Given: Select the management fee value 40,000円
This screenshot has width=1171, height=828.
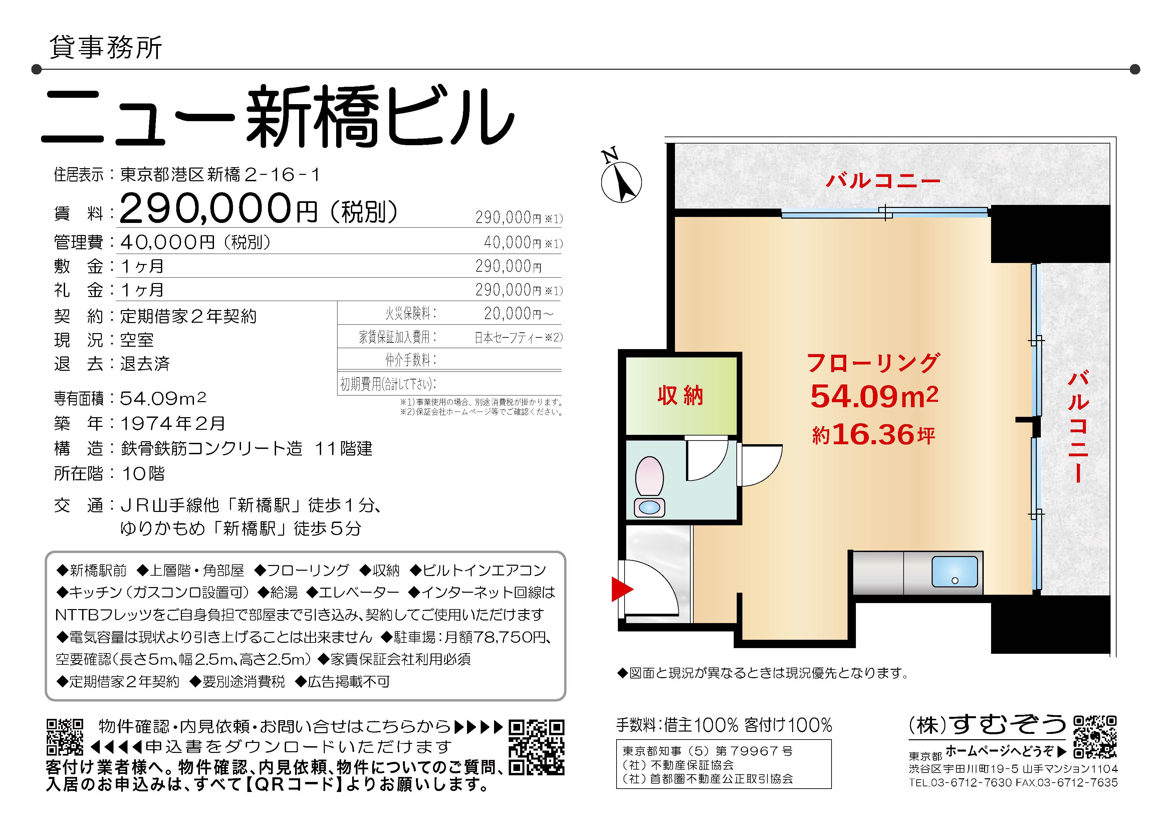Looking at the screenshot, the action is [x=168, y=242].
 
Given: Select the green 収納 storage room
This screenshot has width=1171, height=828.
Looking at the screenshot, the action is [x=681, y=396].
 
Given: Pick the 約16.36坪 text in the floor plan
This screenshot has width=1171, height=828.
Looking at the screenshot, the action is [x=873, y=435].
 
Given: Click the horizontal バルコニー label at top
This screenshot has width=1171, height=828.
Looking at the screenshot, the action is [x=883, y=181].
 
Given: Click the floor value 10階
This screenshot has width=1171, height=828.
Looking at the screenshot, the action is [x=143, y=474].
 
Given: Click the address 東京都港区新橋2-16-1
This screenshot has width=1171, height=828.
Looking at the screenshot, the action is [x=220, y=175].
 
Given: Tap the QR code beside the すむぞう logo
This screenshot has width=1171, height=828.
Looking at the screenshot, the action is [x=1095, y=737].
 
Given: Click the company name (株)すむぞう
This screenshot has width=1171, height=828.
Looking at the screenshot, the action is [x=987, y=725].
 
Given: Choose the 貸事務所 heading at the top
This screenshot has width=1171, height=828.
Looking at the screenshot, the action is [x=106, y=47].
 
